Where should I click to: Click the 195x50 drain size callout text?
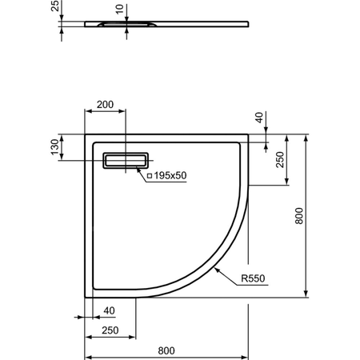(170, 174)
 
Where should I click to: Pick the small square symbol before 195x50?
(149, 174)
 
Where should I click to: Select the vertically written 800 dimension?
(299, 217)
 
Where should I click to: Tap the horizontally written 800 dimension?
(166, 350)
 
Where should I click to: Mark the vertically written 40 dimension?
(259, 118)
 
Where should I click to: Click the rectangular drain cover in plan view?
(126, 160)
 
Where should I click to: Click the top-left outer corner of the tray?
(86, 134)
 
